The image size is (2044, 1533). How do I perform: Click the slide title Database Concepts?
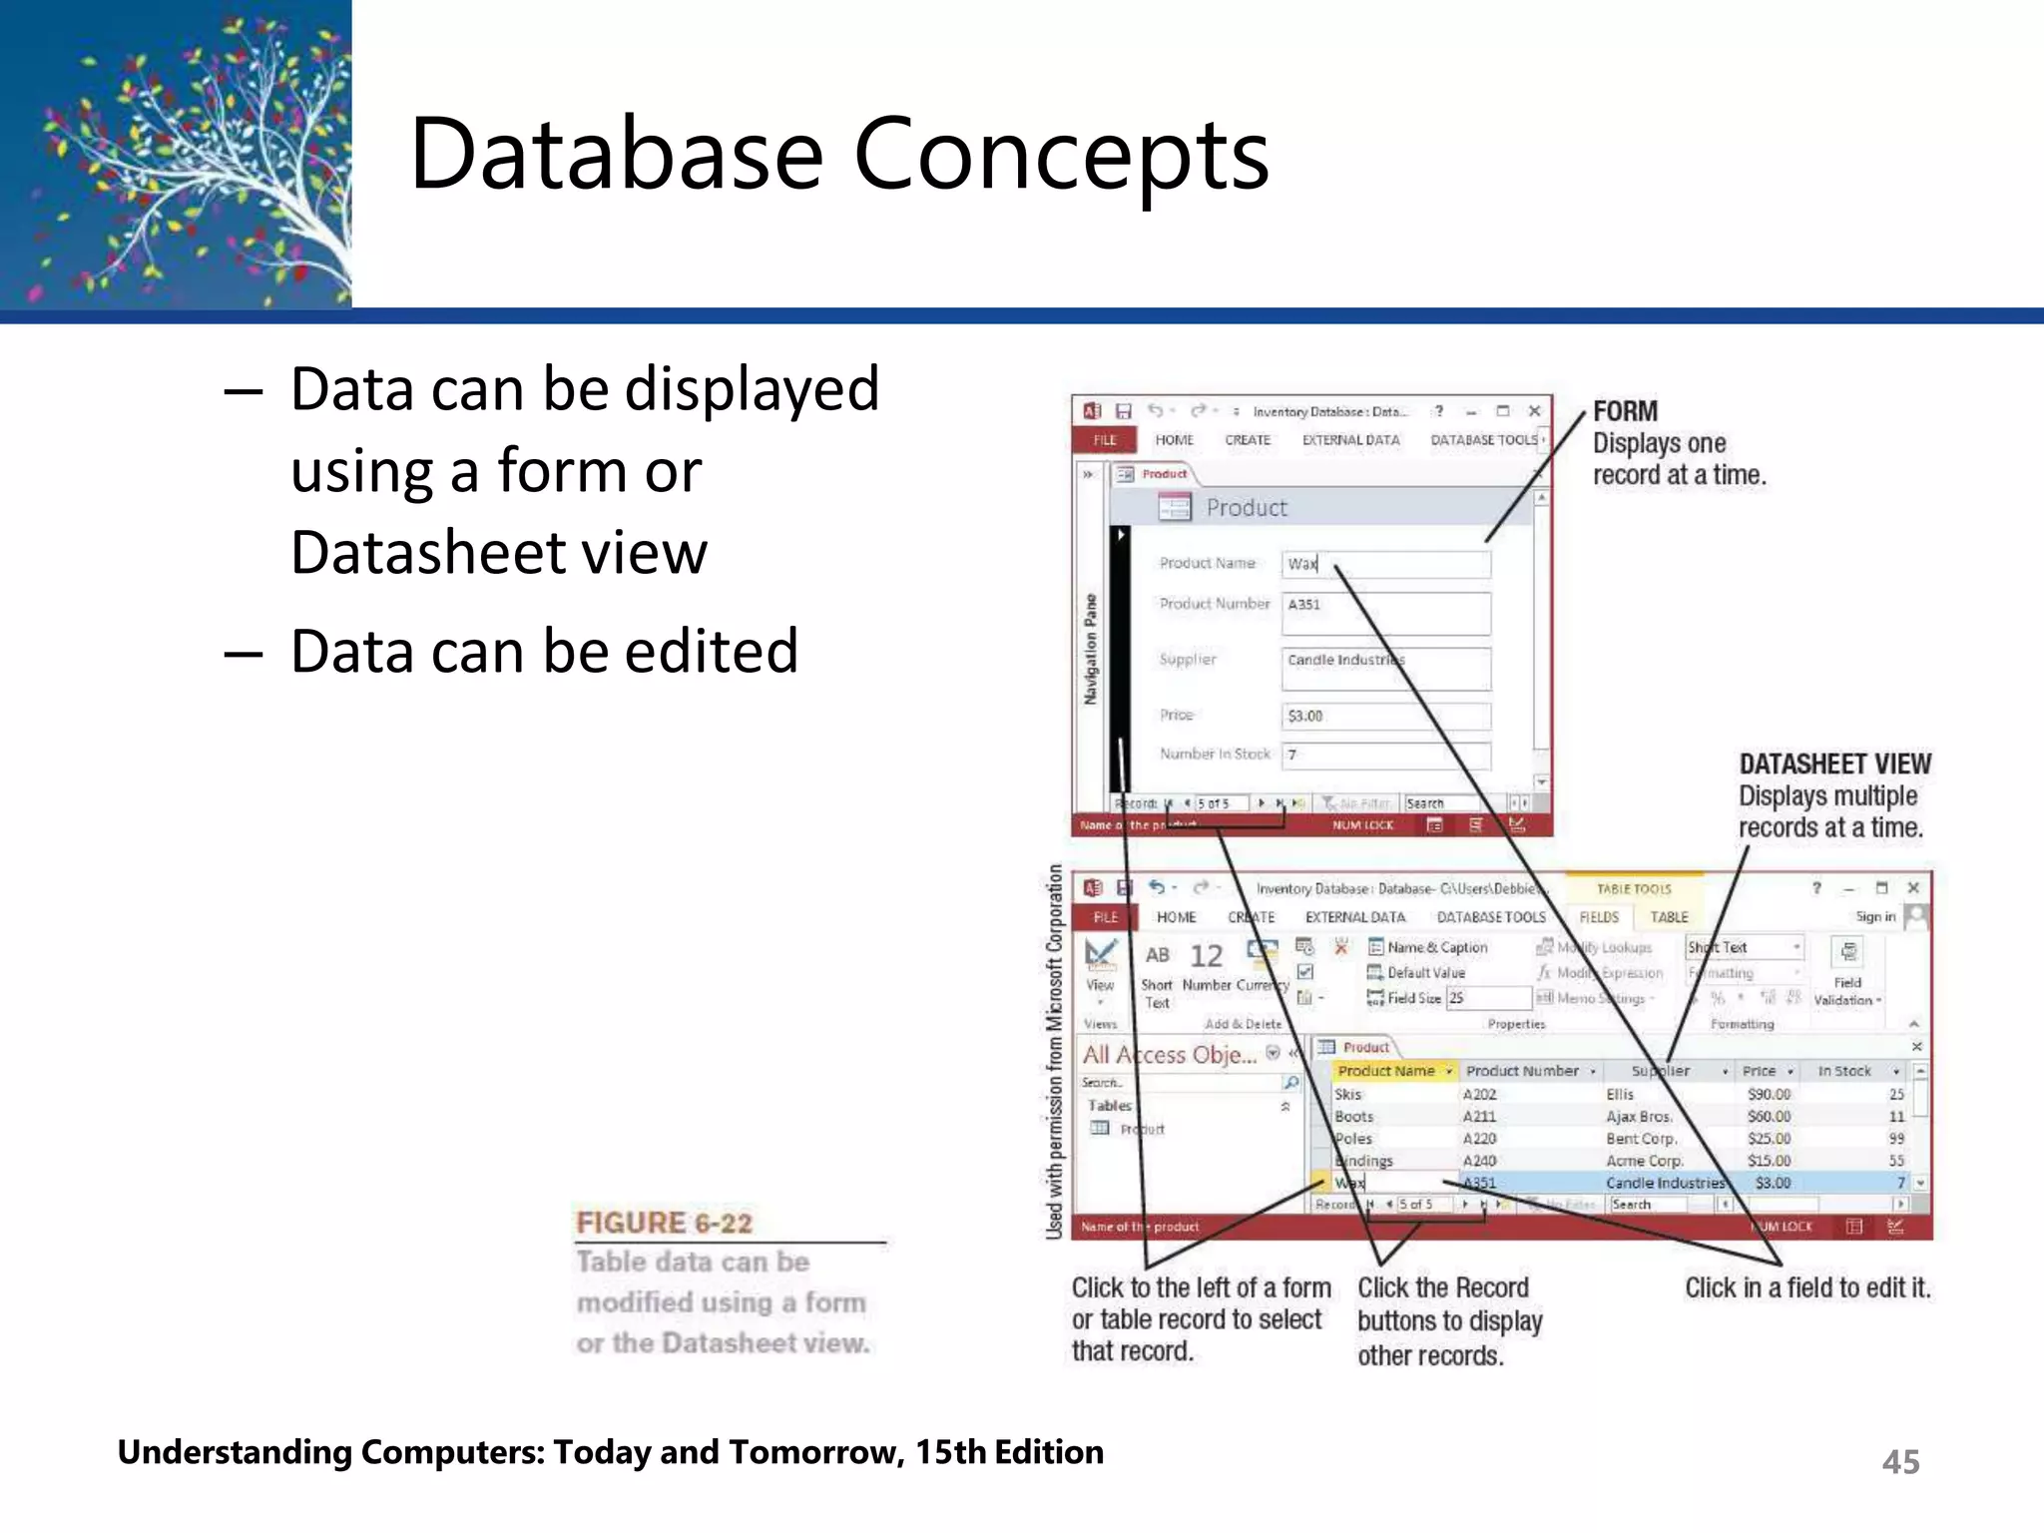838,155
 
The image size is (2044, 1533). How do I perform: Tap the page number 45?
1900,1462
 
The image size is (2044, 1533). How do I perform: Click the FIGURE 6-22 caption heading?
664,1223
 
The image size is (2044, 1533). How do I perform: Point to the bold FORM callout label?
1625,411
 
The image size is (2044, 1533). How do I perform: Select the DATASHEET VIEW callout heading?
1834,764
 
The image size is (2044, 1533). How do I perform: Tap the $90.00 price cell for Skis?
1769,1095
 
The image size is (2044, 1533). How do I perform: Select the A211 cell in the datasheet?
1479,1117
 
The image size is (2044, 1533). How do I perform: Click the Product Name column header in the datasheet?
1387,1071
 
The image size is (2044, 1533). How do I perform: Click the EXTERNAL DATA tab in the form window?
1350,440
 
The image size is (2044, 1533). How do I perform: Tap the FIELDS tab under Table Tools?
1599,917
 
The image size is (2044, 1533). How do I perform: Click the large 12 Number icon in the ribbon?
1206,957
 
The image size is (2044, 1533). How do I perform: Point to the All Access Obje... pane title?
1169,1055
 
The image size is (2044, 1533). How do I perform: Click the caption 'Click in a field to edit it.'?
1807,1288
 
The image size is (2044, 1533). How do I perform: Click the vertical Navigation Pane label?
1091,649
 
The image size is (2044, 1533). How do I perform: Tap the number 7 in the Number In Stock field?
1292,756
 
